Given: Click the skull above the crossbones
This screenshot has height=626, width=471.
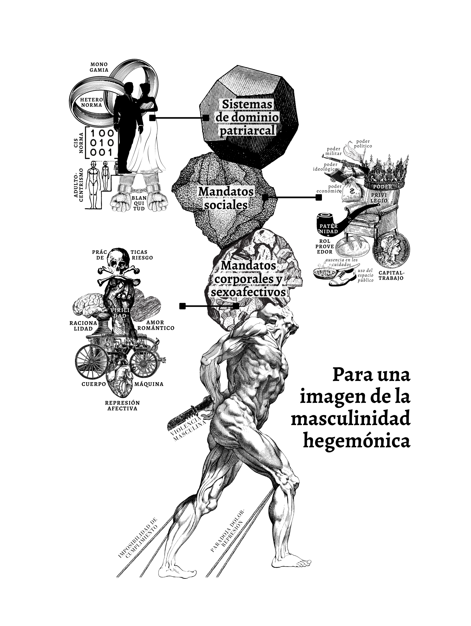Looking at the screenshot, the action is (x=118, y=260).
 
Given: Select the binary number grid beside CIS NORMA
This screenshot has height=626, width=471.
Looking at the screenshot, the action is (x=101, y=143).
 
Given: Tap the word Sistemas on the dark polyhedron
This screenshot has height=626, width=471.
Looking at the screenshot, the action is (x=247, y=104).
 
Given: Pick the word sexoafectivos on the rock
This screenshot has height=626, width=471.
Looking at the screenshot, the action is (x=248, y=292).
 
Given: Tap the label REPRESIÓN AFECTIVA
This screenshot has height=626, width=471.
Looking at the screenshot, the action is (x=122, y=406).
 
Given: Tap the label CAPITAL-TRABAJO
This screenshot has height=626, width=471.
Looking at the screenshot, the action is (x=391, y=275).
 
